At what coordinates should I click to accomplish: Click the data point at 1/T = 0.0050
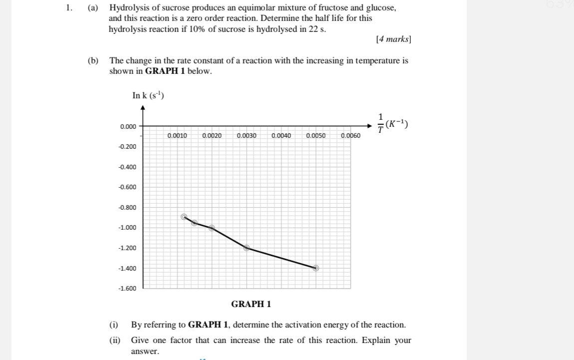point(315,268)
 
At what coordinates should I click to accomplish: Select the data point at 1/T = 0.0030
point(247,248)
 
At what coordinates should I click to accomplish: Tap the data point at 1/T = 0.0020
point(212,228)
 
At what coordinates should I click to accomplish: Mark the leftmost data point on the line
point(184,217)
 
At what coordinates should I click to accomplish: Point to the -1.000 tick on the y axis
point(127,228)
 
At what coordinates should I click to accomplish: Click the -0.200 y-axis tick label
point(127,146)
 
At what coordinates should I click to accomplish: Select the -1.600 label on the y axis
point(127,289)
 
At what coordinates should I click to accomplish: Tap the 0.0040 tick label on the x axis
point(282,135)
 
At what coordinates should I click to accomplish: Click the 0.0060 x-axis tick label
point(350,135)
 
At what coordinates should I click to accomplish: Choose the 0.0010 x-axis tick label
point(177,135)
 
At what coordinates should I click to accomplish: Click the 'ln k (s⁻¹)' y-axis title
point(148,95)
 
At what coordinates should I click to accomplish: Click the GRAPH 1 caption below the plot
point(251,304)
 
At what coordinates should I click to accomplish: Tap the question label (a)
point(93,8)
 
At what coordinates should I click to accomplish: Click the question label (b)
point(93,61)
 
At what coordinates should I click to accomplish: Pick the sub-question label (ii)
point(114,341)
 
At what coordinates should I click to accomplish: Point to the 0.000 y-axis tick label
point(128,126)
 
